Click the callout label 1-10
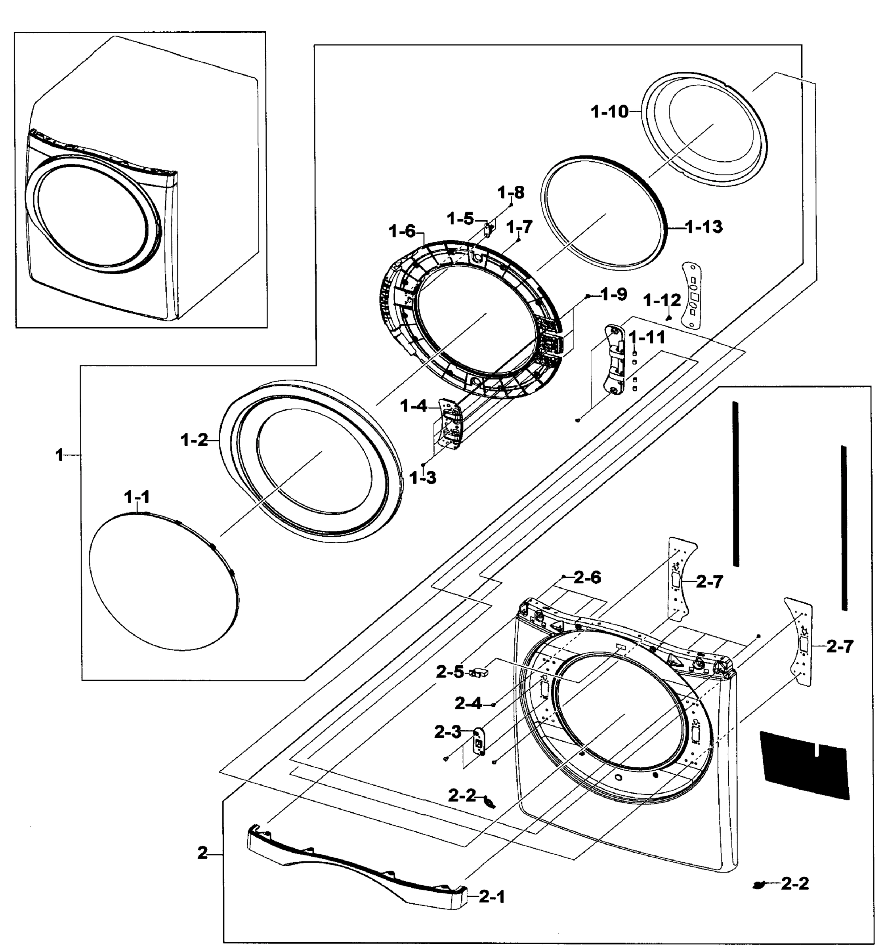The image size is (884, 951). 609,113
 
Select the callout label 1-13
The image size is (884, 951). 704,227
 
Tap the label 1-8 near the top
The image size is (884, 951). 510,193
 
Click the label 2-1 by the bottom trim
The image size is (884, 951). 492,898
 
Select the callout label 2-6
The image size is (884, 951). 587,578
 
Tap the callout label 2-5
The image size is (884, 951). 450,672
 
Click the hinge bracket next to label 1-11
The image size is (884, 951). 614,360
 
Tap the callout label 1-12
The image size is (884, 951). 662,300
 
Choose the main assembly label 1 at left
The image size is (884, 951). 59,455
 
